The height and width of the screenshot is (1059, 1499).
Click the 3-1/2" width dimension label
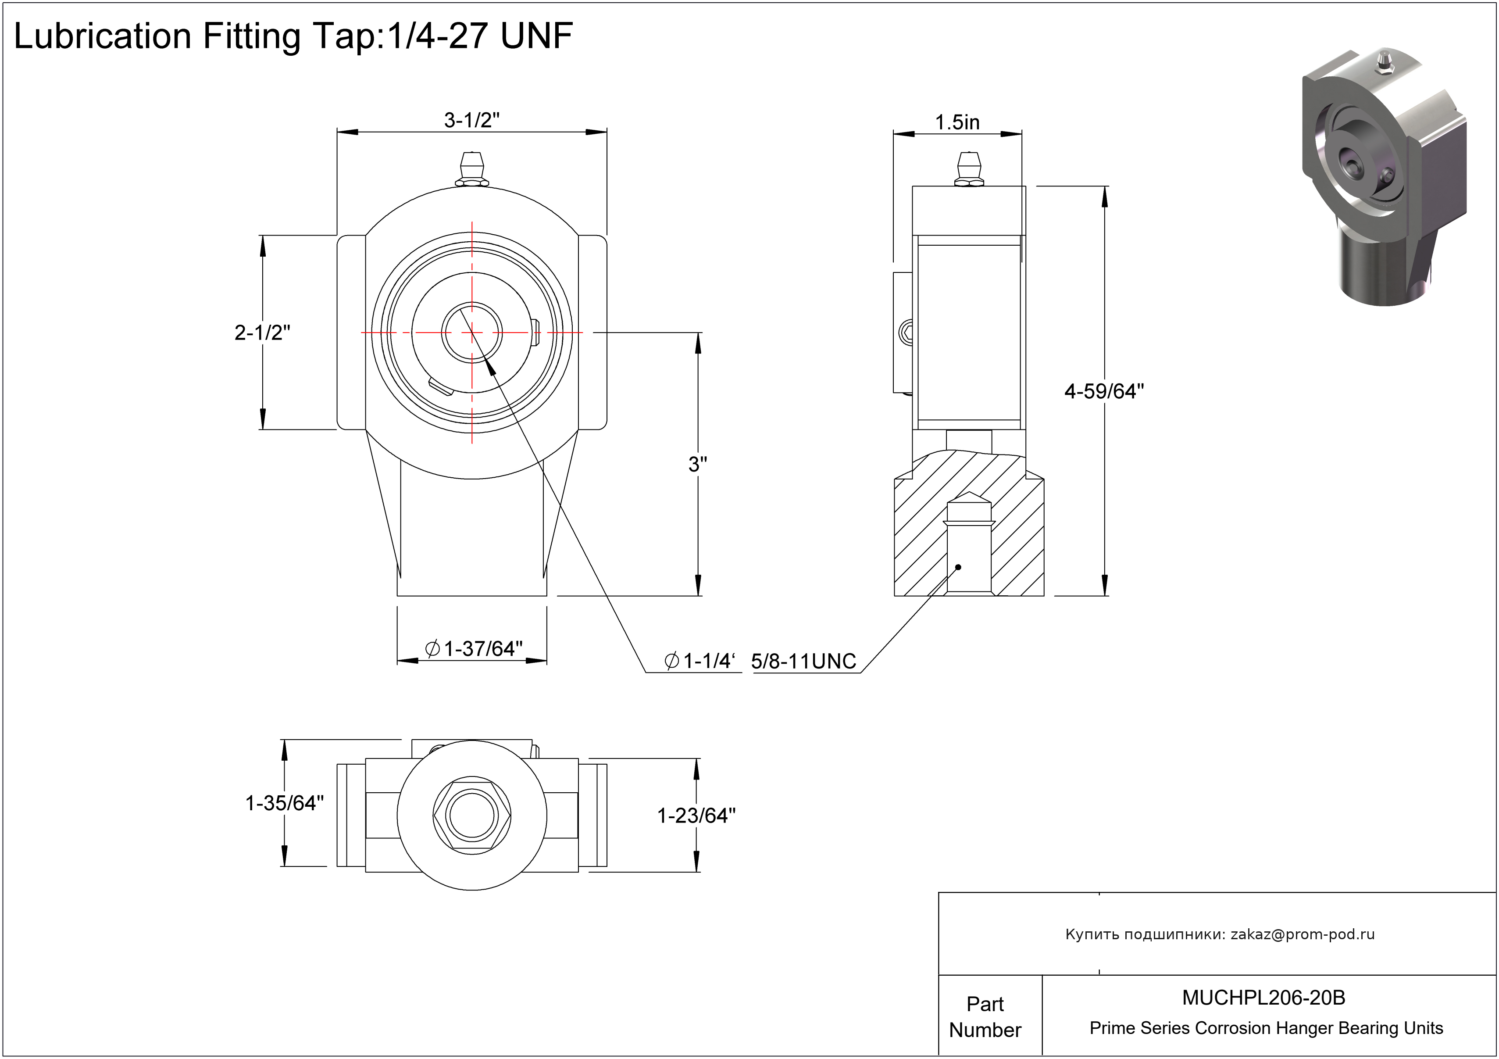[x=471, y=121]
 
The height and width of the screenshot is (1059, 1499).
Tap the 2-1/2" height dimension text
[x=262, y=333]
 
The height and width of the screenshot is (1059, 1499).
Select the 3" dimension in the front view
[x=697, y=464]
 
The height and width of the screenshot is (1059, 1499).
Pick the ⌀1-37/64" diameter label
[x=474, y=649]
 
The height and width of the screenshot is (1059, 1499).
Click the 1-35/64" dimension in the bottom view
[x=285, y=803]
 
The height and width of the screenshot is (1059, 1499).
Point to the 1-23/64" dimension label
[x=696, y=816]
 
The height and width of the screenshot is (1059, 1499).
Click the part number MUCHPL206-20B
[x=1264, y=998]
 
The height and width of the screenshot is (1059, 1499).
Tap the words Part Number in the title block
[x=985, y=1016]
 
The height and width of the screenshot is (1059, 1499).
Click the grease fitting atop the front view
[x=472, y=169]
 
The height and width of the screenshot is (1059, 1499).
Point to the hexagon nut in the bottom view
[x=472, y=816]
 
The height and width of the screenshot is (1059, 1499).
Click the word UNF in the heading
[x=537, y=36]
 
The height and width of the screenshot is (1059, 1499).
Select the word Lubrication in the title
[x=102, y=36]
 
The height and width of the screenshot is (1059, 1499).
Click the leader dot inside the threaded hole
[x=958, y=567]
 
